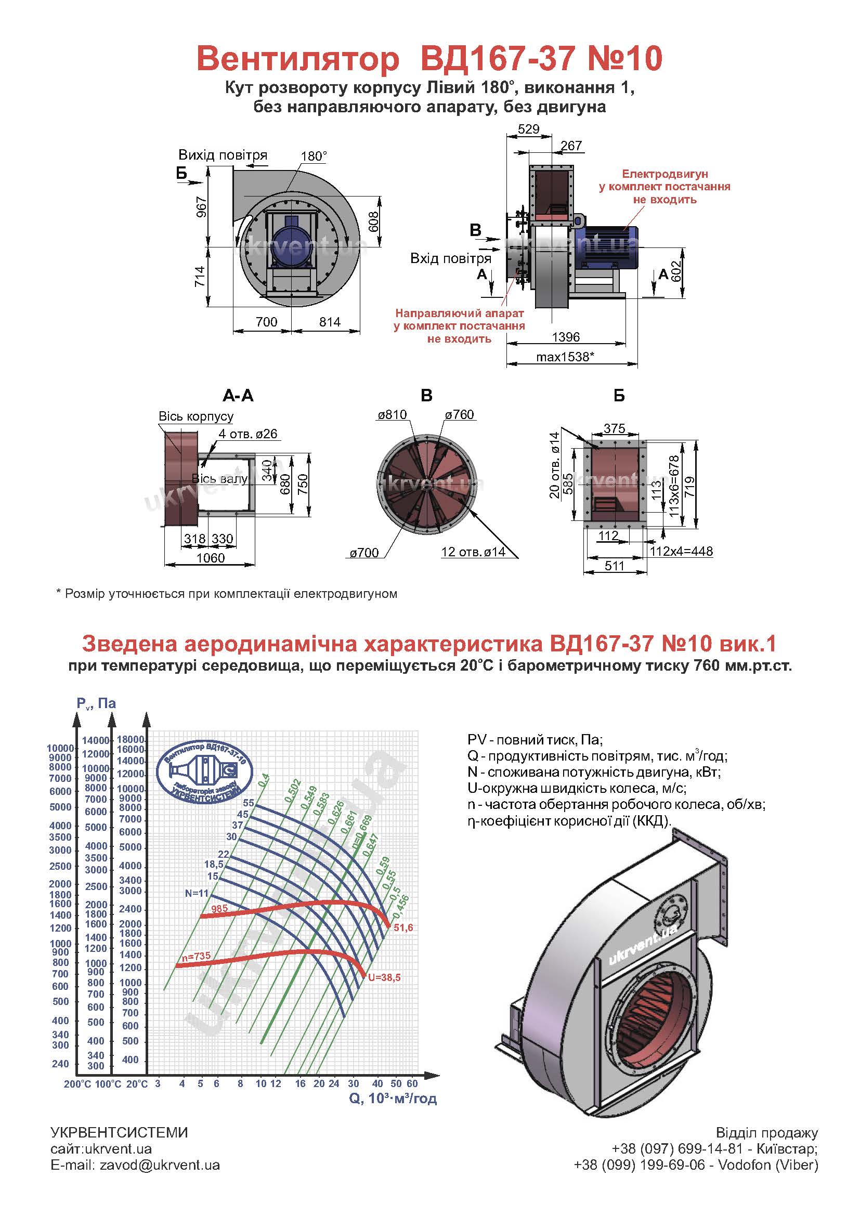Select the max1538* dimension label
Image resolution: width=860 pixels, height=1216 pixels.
(565, 357)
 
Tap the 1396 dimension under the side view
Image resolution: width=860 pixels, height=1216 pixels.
(566, 337)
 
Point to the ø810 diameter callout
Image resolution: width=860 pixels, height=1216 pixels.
(392, 415)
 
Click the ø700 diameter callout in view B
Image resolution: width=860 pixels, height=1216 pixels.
(364, 553)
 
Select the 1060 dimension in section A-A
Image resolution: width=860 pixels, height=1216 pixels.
(210, 558)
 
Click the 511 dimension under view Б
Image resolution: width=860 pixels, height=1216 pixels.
(614, 566)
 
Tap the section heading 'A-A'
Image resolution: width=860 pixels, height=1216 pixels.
(238, 396)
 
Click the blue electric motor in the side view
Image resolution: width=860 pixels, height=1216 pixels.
(609, 245)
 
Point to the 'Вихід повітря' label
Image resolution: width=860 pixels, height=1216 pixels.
(223, 155)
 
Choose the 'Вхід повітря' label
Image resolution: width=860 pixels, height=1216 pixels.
(451, 258)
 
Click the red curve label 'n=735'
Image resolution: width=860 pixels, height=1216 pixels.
(196, 957)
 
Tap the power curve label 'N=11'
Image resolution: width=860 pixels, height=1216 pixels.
(197, 893)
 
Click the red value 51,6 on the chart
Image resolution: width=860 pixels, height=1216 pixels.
(403, 928)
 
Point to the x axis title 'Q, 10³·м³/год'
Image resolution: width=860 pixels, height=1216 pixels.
(393, 1099)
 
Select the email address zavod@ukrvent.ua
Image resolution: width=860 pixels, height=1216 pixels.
(160, 1165)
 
